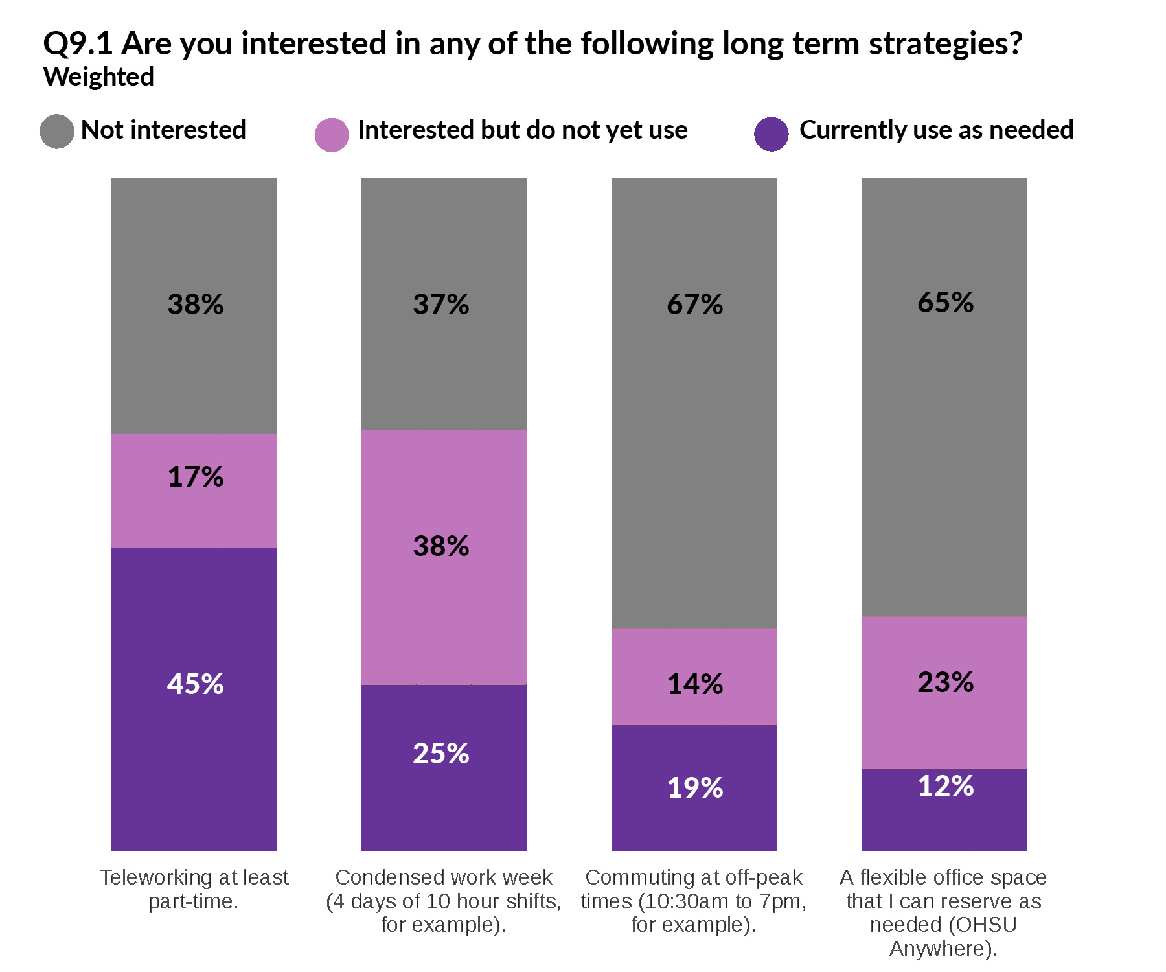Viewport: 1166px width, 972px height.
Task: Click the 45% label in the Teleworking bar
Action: (x=195, y=684)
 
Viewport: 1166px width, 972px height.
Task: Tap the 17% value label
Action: (x=195, y=477)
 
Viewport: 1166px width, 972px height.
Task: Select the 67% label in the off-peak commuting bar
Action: (x=694, y=305)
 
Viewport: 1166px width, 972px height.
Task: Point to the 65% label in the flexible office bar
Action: (x=945, y=303)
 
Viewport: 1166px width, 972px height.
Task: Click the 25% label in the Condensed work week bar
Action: (x=440, y=754)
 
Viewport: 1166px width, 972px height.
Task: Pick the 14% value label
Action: (x=694, y=684)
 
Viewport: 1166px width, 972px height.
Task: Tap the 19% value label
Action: (x=694, y=788)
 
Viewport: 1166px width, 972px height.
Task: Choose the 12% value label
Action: (x=945, y=786)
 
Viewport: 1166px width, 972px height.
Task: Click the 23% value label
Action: (x=945, y=682)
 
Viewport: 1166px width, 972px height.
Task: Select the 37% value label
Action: (x=440, y=305)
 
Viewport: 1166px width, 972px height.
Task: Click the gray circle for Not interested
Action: (x=57, y=132)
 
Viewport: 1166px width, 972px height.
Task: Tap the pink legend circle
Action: (x=332, y=135)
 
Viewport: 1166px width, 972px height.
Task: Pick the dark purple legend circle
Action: (x=771, y=134)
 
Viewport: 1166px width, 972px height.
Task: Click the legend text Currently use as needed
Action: (x=936, y=130)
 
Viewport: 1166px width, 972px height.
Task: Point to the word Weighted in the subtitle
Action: (x=98, y=77)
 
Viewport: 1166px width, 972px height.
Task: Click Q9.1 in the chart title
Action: (x=78, y=44)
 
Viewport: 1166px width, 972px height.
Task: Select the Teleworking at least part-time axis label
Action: (x=194, y=889)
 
